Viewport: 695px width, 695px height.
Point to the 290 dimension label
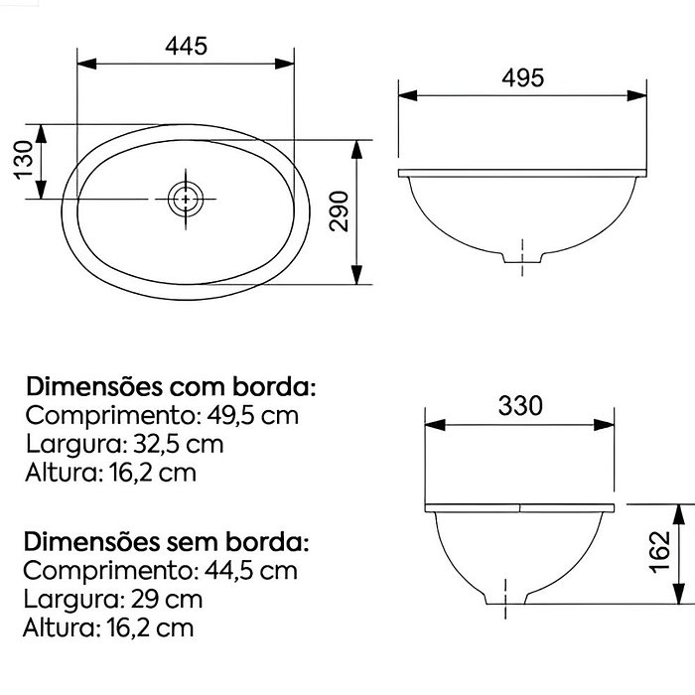coord(340,211)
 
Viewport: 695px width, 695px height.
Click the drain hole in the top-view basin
coord(184,198)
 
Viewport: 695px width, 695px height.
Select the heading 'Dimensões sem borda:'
coord(167,543)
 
